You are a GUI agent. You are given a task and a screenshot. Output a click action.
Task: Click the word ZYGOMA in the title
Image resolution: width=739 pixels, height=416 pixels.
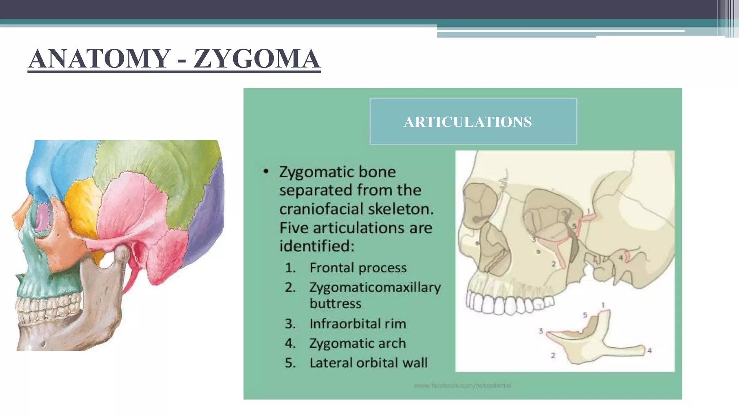click(257, 58)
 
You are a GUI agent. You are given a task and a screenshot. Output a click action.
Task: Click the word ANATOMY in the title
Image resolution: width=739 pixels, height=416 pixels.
click(100, 58)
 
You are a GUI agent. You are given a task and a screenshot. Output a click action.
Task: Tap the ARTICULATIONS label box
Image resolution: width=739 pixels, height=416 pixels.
click(473, 122)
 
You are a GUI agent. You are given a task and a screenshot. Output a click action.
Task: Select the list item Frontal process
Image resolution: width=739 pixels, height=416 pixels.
click(358, 268)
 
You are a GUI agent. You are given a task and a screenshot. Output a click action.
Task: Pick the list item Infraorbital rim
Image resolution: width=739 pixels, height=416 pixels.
click(358, 324)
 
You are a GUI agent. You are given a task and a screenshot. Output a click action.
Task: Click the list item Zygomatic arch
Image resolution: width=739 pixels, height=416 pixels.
click(357, 343)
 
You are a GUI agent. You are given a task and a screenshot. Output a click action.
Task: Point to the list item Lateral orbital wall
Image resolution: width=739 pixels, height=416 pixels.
click(368, 363)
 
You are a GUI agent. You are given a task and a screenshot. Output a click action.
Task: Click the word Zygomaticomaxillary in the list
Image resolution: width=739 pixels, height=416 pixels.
click(375, 287)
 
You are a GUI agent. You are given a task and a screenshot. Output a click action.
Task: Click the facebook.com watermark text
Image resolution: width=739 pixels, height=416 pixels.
click(463, 386)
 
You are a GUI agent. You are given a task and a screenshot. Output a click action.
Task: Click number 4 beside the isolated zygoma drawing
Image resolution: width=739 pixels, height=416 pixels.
click(650, 350)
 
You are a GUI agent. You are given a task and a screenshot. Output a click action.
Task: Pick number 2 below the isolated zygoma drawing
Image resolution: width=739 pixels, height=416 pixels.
click(553, 356)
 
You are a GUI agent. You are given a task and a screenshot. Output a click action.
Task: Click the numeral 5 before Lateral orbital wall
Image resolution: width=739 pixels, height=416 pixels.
click(290, 363)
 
